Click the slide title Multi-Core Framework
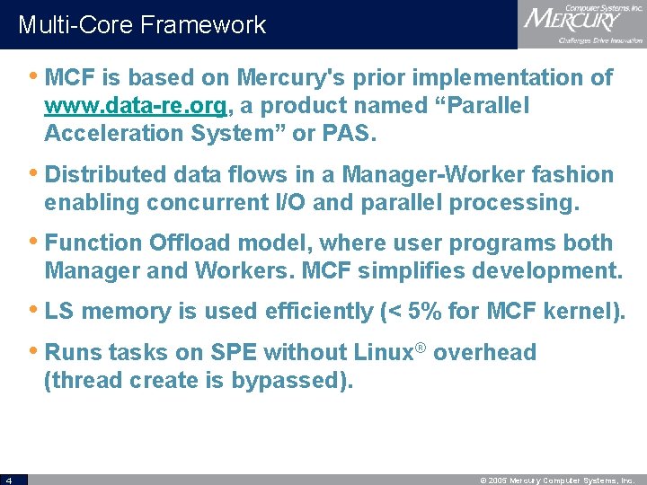(142, 24)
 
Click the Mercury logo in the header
(581, 24)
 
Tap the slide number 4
(6, 480)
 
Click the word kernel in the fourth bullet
(572, 311)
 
